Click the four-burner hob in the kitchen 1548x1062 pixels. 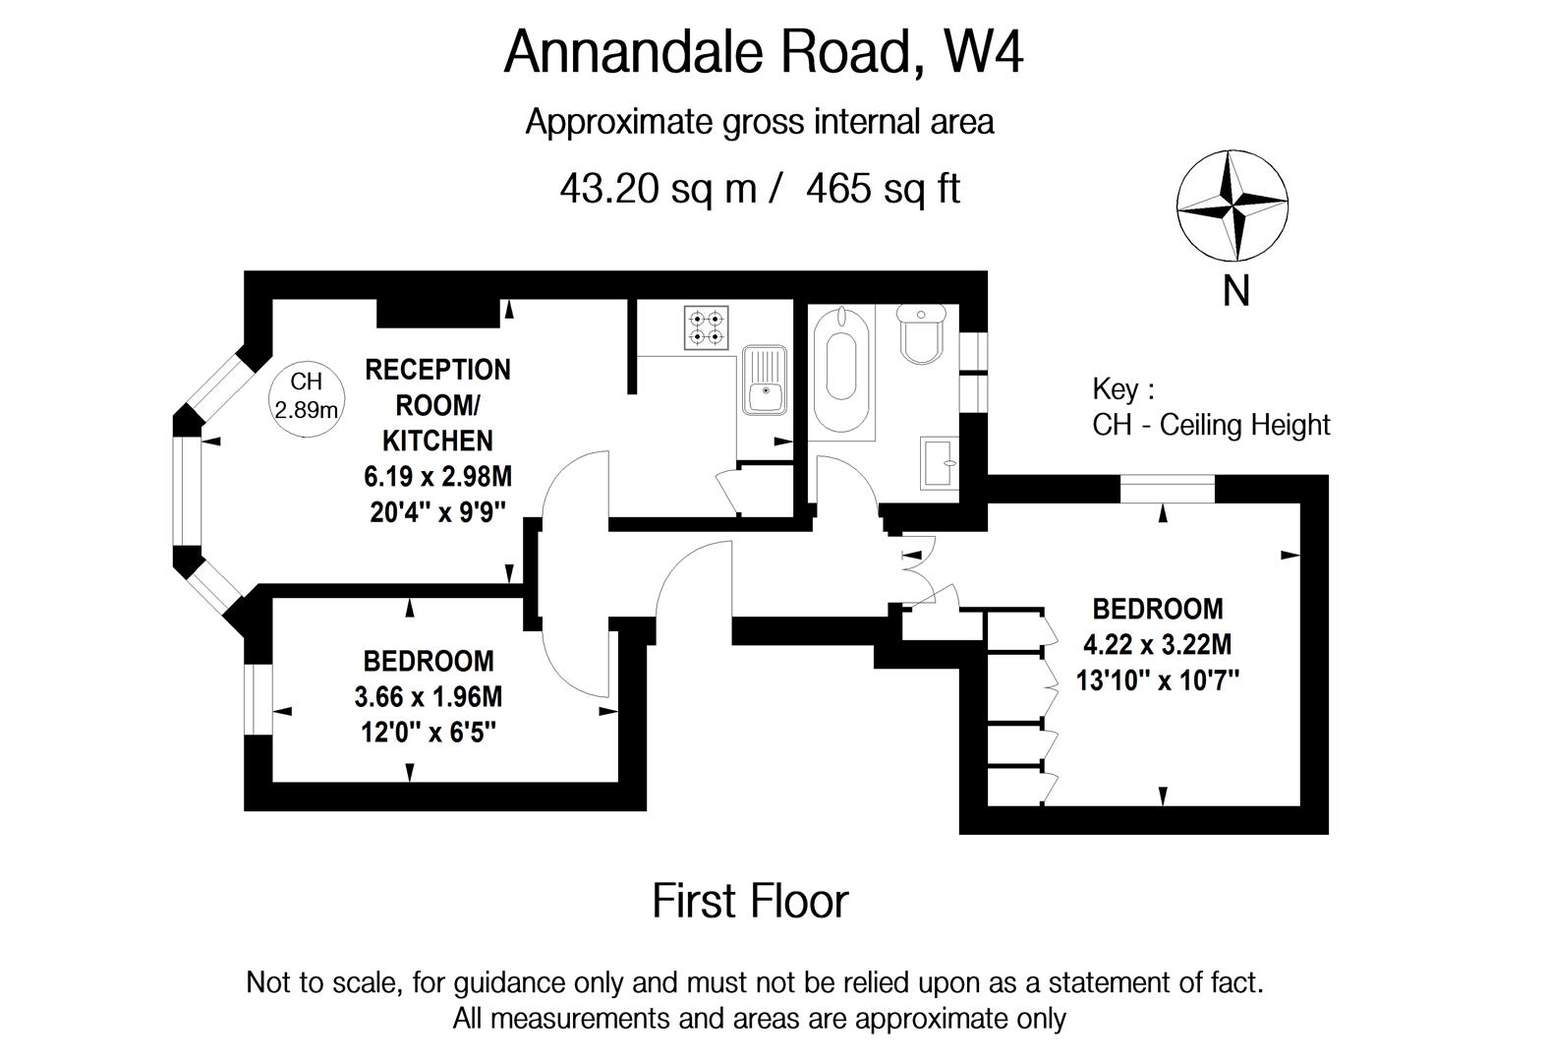[708, 327]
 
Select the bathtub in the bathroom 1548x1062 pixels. [841, 368]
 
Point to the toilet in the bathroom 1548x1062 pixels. [922, 335]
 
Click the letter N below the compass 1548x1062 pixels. [1235, 291]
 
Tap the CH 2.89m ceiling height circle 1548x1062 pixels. [306, 395]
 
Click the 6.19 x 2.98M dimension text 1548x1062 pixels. [437, 477]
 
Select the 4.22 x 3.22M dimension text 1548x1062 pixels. [1157, 645]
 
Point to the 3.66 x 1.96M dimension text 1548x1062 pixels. [428, 697]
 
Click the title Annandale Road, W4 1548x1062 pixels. [763, 52]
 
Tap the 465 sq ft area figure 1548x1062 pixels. [882, 188]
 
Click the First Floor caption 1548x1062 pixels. [750, 901]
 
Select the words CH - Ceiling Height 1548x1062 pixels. [1211, 425]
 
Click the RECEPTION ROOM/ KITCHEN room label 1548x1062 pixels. [437, 404]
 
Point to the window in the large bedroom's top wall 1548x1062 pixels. [1167, 489]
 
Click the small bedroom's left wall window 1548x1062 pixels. [258, 699]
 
